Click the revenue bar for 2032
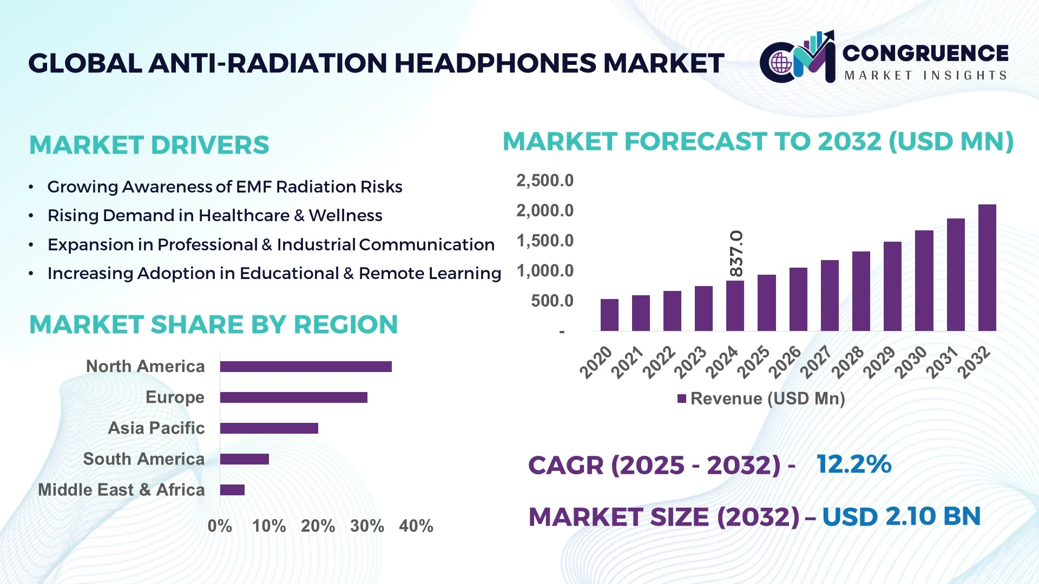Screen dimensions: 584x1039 pyautogui.click(x=987, y=268)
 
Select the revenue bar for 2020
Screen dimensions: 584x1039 pyautogui.click(x=609, y=315)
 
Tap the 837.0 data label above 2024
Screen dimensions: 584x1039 pyautogui.click(x=736, y=253)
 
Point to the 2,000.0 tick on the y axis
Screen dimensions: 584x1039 pyautogui.click(x=544, y=210)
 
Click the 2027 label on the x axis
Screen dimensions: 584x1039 pyautogui.click(x=815, y=362)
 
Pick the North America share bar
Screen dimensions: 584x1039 pyautogui.click(x=306, y=367)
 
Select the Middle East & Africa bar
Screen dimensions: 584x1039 pyautogui.click(x=232, y=490)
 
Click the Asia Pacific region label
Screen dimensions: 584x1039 pyautogui.click(x=156, y=428)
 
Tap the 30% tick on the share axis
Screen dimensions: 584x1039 pyautogui.click(x=367, y=526)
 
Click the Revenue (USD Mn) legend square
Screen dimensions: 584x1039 pyautogui.click(x=682, y=399)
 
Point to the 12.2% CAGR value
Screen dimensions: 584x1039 pyautogui.click(x=853, y=464)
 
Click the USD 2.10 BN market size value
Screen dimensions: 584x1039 pyautogui.click(x=901, y=516)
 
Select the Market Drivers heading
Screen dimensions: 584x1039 pyautogui.click(x=149, y=145)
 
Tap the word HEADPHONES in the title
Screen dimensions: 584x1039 pyautogui.click(x=495, y=63)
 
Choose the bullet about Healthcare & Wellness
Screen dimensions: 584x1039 pyautogui.click(x=215, y=215)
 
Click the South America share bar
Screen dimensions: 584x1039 pyautogui.click(x=244, y=459)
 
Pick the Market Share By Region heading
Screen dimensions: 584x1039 pyautogui.click(x=213, y=324)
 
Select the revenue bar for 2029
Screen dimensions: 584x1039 pyautogui.click(x=892, y=286)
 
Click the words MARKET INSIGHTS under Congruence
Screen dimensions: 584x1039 pyautogui.click(x=925, y=75)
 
